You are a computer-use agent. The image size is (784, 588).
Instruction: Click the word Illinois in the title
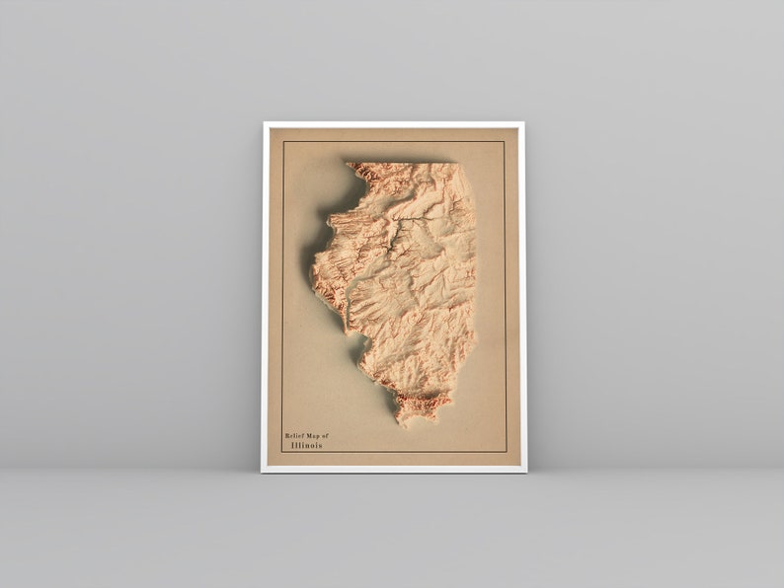(x=306, y=445)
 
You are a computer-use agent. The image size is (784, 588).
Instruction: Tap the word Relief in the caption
(x=296, y=435)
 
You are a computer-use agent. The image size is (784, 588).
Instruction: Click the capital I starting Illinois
(x=293, y=445)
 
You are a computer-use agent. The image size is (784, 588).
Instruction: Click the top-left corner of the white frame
(x=264, y=122)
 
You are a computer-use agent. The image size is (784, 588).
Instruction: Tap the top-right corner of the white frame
(x=523, y=122)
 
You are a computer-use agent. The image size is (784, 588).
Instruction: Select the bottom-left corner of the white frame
(x=263, y=472)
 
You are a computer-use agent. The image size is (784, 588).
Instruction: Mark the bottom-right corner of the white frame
(x=525, y=472)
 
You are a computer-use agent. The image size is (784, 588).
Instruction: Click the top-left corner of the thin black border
(x=283, y=141)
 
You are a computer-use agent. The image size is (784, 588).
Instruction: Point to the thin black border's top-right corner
(x=505, y=141)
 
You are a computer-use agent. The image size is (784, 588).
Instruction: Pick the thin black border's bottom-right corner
(x=506, y=452)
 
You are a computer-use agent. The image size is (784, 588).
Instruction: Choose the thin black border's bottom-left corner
(x=282, y=452)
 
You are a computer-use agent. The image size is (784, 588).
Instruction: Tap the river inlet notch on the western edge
(x=347, y=316)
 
